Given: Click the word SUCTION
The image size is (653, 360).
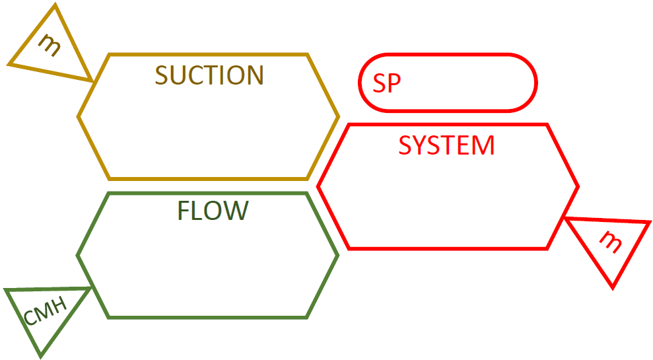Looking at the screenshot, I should coord(209,75).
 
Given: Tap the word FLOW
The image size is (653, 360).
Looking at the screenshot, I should coord(213,211).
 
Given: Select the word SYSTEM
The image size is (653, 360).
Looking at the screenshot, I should coord(446,145).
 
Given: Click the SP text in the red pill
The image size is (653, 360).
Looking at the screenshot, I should coord(387,83).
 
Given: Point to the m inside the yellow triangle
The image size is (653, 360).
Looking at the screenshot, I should coord(49,44).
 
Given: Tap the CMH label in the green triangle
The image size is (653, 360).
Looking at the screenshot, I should coord(45,313).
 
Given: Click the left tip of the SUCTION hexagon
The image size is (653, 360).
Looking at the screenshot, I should coord(79,117).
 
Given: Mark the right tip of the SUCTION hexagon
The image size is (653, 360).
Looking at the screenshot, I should coord(338,117).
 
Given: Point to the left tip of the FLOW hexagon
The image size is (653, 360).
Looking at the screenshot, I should coord(78,256).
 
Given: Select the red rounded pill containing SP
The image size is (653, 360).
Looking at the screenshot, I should coord(448,83).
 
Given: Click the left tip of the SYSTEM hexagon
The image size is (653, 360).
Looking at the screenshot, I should coord(318,187).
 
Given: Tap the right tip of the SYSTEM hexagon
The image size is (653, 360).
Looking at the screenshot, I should coord(578,187).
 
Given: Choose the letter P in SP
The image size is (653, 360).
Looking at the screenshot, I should coord(394,83).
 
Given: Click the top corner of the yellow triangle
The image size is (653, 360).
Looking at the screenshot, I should coord(55,5).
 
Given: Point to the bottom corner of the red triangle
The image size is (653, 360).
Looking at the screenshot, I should coord(613,287).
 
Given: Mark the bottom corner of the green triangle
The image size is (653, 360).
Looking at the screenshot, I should coord(41,357).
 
